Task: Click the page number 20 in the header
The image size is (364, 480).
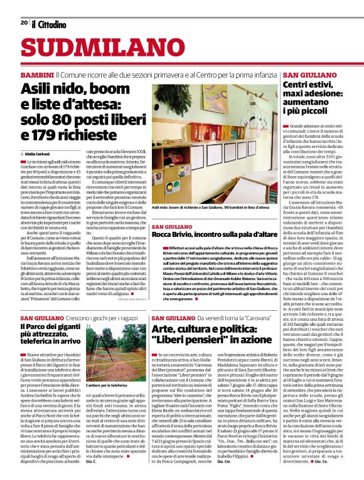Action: tap(24, 23)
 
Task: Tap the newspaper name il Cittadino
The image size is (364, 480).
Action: tap(49, 24)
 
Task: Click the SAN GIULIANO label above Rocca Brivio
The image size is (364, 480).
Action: tap(172, 226)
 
